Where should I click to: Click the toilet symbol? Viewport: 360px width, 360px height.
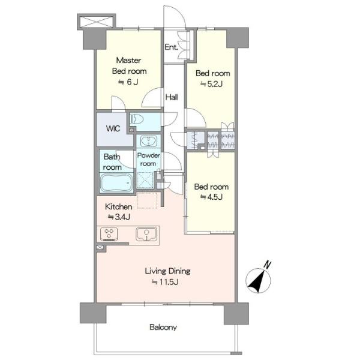tap(137, 119)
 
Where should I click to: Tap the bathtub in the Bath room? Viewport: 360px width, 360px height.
tap(116, 183)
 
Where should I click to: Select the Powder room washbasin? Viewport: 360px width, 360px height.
tap(149, 141)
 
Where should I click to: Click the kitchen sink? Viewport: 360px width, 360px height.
tap(146, 234)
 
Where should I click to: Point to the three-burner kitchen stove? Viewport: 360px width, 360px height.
tap(109, 234)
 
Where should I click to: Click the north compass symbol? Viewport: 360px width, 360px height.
tap(258, 281)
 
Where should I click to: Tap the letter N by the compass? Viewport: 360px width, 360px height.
tap(267, 265)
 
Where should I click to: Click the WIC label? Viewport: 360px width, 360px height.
tap(113, 128)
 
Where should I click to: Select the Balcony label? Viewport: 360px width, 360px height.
tap(163, 327)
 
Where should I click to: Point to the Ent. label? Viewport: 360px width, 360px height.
tap(171, 47)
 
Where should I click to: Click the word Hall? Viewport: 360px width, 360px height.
tap(172, 97)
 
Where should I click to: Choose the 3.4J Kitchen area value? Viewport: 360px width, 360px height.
tap(119, 217)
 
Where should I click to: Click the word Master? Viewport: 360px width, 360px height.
tap(128, 61)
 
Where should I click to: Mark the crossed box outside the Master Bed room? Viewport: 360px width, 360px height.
tap(97, 22)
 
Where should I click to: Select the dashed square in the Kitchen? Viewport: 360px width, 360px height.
tap(147, 200)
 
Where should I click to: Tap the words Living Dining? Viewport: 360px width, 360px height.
tap(167, 271)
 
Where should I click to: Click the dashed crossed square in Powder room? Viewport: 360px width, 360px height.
tap(145, 180)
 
